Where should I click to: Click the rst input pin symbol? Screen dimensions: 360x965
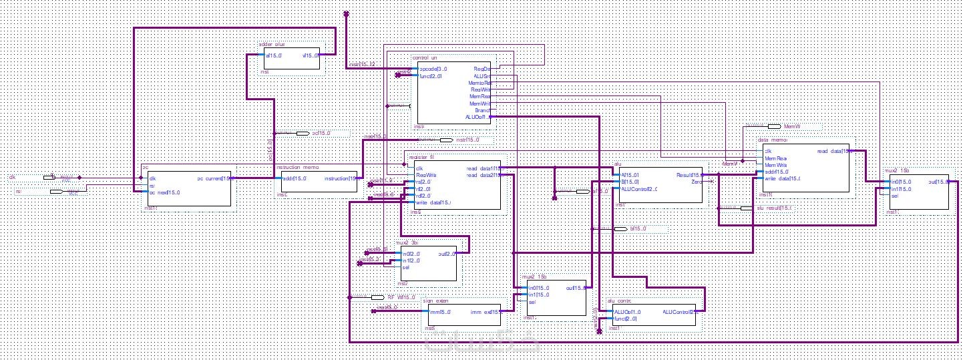56,192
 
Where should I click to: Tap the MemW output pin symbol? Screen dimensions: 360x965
774,126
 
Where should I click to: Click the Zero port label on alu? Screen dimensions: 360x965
695,182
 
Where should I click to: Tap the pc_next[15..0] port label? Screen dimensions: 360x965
164,192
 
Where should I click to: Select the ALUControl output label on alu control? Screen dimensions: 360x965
679,312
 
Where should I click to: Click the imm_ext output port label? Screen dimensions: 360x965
485,312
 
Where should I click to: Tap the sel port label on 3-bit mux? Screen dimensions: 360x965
405,268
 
